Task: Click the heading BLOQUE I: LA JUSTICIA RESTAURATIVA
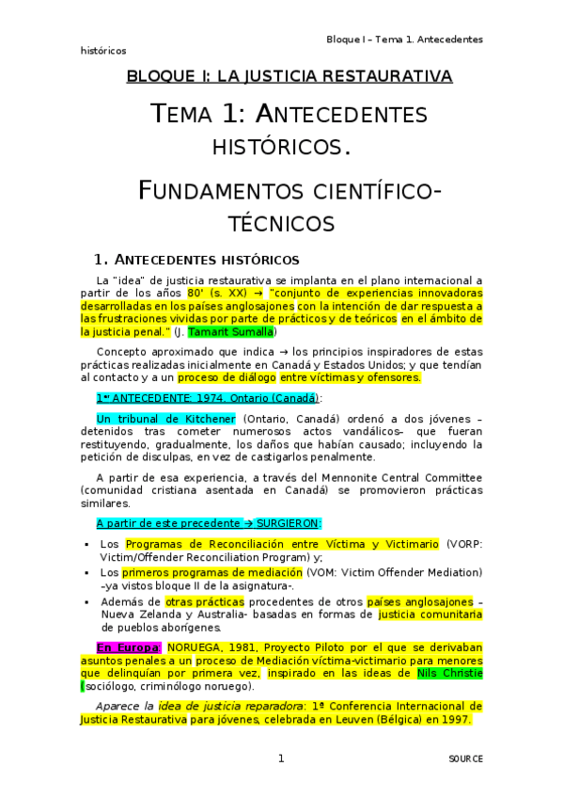coord(289,75)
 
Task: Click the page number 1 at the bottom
coord(280,758)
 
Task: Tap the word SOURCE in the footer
coord(465,758)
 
